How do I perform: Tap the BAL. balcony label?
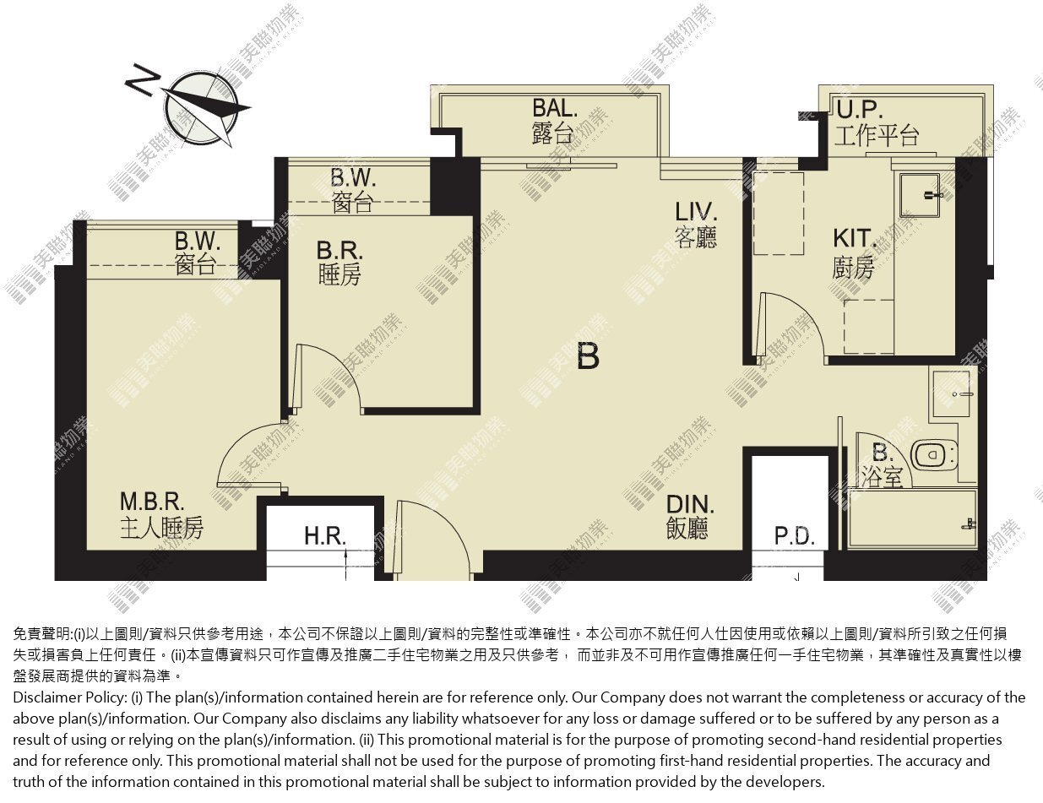(x=554, y=121)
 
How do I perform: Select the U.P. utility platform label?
(x=877, y=122)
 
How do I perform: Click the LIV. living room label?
(x=696, y=225)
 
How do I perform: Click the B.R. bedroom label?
(x=340, y=263)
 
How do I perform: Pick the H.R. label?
(x=325, y=536)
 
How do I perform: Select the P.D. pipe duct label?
(x=795, y=536)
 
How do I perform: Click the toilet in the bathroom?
(x=934, y=455)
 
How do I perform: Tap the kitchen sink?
(x=920, y=195)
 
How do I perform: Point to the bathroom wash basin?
(x=951, y=393)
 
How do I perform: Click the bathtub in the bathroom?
(x=912, y=518)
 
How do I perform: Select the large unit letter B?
(x=588, y=356)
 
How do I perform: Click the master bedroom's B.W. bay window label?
(x=197, y=253)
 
